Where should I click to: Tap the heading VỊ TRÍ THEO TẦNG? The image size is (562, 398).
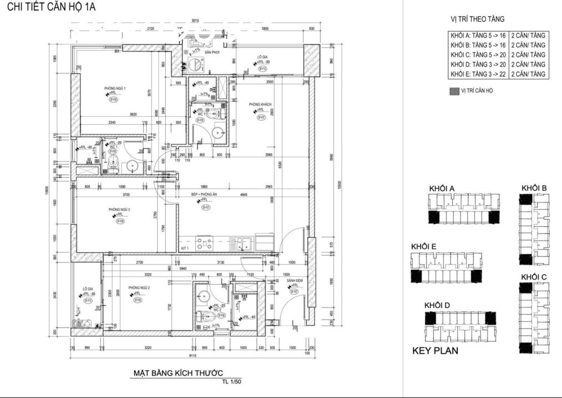[478, 19]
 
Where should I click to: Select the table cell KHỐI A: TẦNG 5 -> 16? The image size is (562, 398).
[478, 36]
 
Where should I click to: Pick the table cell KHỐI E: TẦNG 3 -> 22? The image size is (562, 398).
[478, 74]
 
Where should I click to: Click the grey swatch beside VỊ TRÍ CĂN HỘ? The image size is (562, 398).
[453, 90]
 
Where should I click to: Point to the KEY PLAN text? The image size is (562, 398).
[435, 351]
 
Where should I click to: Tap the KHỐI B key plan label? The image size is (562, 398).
[534, 189]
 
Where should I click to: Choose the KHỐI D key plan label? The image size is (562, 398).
[437, 305]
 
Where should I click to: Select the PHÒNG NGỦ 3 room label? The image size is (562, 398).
[119, 209]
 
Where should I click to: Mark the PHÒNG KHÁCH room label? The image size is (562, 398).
[260, 104]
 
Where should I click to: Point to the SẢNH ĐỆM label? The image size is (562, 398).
[294, 281]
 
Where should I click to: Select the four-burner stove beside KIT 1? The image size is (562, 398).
[204, 243]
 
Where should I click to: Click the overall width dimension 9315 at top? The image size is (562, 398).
[195, 21]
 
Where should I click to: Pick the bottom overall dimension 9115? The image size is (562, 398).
[191, 356]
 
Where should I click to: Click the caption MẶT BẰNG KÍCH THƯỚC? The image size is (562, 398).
[179, 374]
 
